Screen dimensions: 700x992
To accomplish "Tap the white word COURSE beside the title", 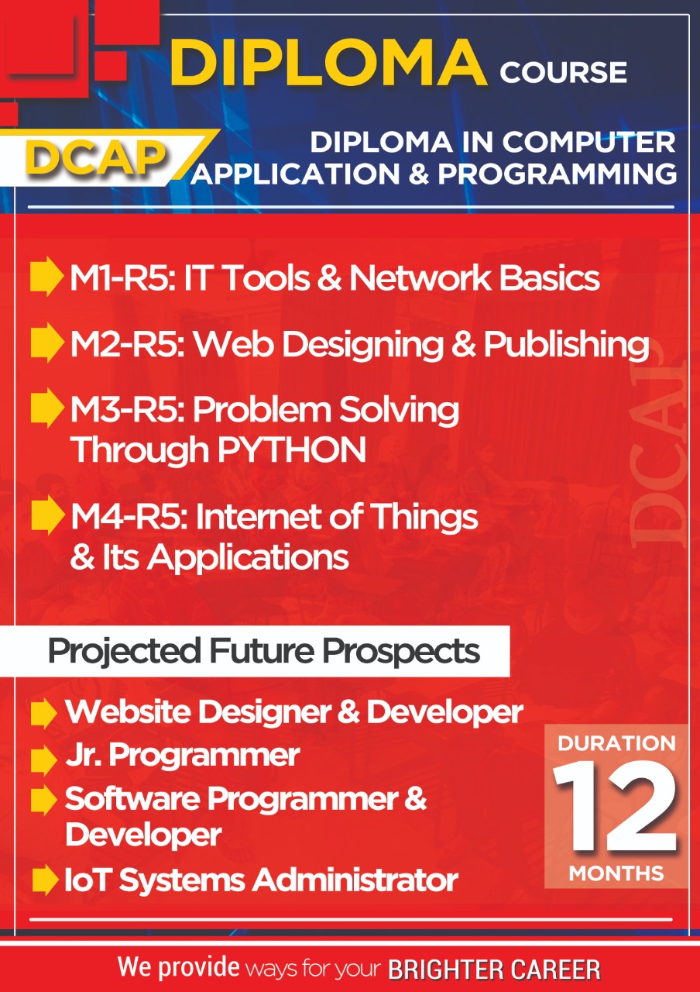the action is click(563, 72).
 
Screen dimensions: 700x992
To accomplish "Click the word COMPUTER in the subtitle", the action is click(589, 142).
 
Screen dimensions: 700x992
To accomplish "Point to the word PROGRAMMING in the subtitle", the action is click(558, 174).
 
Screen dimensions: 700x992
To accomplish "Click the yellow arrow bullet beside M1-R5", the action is click(46, 277).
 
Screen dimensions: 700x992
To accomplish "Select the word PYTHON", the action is click(292, 449).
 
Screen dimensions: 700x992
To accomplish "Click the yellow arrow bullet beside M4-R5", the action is click(47, 515).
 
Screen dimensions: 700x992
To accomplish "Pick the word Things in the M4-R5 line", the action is click(424, 517).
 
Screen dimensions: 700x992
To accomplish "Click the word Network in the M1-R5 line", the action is click(420, 278).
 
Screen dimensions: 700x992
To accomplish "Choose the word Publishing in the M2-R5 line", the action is click(566, 346).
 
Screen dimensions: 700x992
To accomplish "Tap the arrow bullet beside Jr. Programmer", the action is click(44, 760).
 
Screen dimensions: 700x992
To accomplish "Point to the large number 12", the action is click(616, 808).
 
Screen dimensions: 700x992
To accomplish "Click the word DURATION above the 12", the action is click(617, 743).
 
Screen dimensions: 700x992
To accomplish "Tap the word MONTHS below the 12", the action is click(616, 873).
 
